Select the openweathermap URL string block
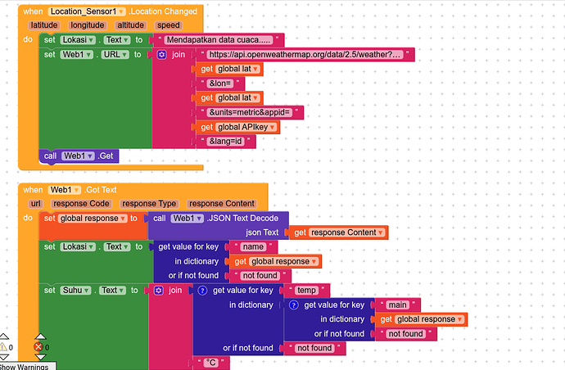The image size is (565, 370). [x=305, y=54]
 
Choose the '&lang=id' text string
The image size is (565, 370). [x=226, y=142]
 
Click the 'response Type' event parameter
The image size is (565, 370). [x=149, y=203]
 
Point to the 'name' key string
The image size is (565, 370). [x=255, y=246]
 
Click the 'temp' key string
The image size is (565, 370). [x=305, y=290]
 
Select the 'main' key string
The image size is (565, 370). [x=397, y=305]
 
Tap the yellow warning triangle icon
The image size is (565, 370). [x=4, y=347]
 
